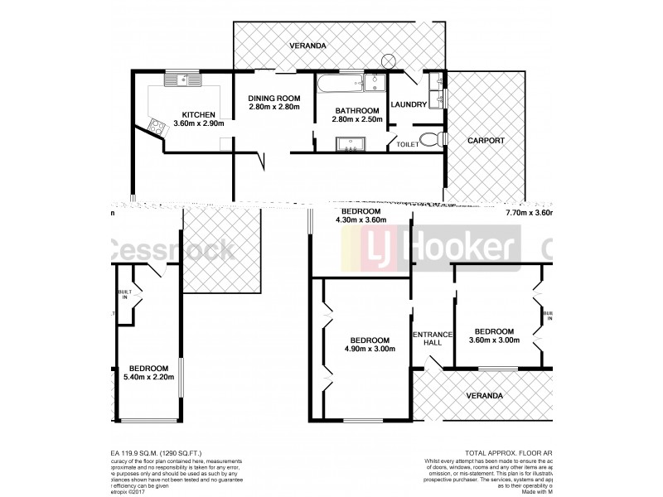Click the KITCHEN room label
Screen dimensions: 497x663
(x=199, y=115)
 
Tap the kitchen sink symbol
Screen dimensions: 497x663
(x=177, y=80)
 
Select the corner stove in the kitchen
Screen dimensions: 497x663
(x=155, y=125)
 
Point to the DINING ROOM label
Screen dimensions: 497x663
(x=273, y=99)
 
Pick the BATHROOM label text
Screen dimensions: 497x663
(x=356, y=110)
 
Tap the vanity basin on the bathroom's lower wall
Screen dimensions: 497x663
(x=351, y=146)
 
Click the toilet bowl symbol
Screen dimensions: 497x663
(x=429, y=141)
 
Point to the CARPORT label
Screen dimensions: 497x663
(x=485, y=141)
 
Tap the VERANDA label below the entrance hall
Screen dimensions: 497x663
(x=483, y=396)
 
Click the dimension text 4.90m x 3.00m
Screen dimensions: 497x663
(x=369, y=350)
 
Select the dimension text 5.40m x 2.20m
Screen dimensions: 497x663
(x=144, y=379)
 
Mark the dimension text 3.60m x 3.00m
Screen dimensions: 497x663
(x=494, y=340)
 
